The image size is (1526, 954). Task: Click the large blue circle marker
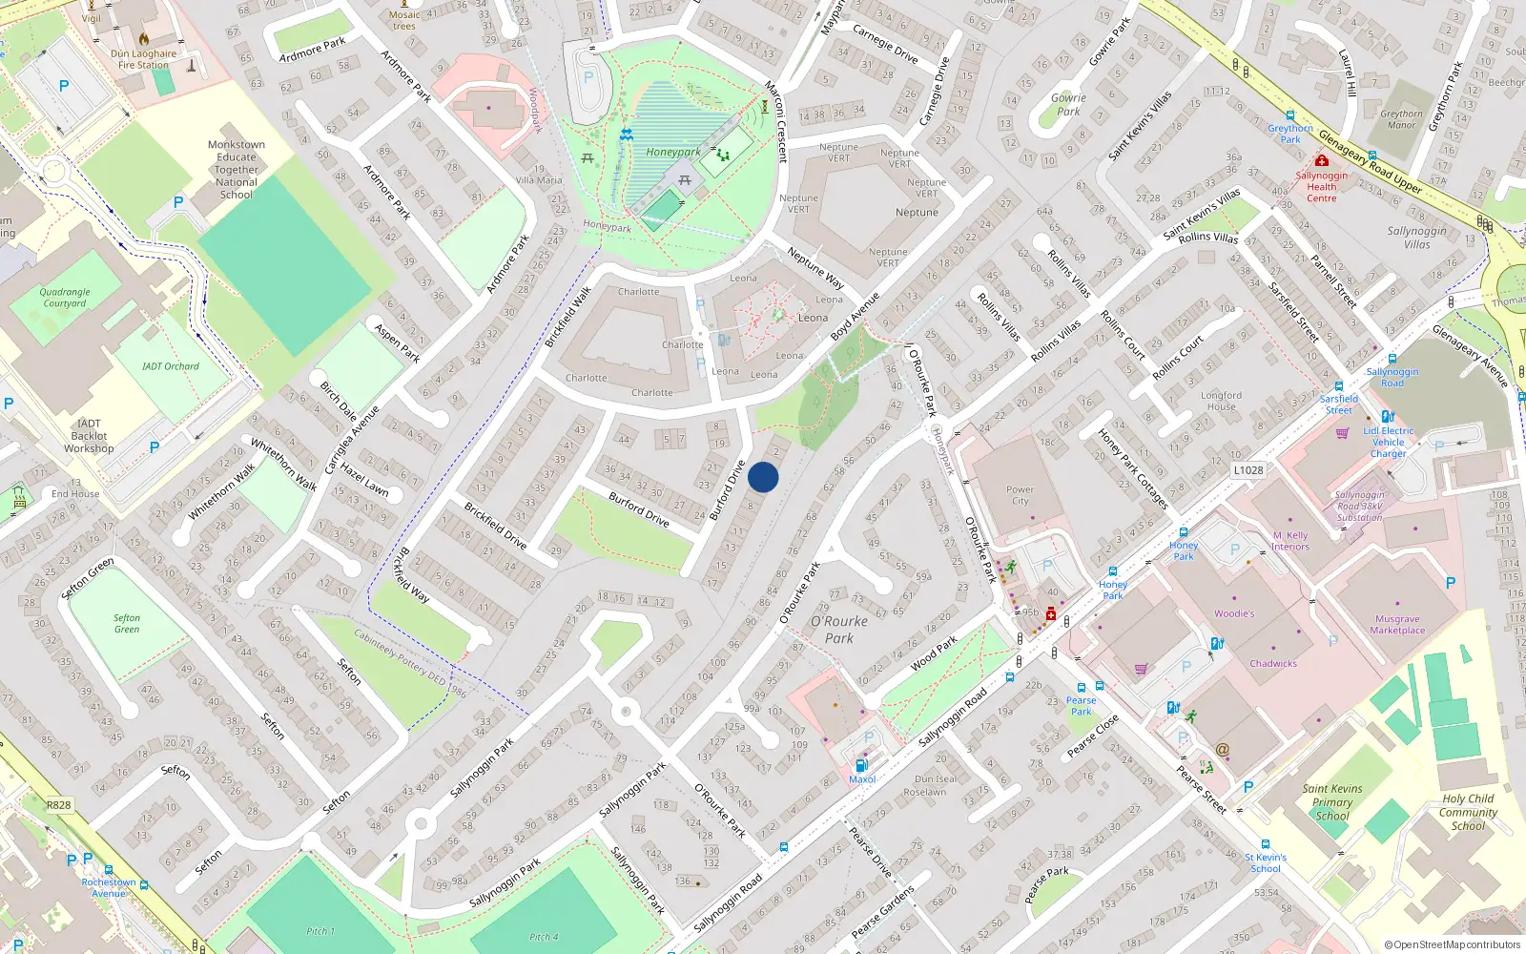tap(763, 477)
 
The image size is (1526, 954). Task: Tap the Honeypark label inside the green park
tap(672, 153)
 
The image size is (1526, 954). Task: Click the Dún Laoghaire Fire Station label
tap(143, 59)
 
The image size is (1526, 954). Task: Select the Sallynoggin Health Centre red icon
tap(1322, 161)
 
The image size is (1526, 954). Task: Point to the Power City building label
tap(1020, 495)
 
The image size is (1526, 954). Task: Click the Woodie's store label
tap(1234, 613)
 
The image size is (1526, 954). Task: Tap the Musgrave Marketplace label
tap(1397, 625)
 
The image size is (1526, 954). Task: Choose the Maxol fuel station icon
tap(861, 765)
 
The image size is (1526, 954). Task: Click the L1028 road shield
tap(1248, 470)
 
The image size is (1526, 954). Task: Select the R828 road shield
tap(59, 805)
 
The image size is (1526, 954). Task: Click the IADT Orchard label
tap(171, 366)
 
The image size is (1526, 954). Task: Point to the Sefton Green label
tap(127, 624)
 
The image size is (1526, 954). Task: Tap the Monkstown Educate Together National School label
tap(237, 170)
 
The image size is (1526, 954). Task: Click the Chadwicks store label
tap(1273, 663)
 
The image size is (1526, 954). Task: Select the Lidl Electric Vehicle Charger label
tap(1389, 442)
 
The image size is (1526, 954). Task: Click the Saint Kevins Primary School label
tap(1332, 801)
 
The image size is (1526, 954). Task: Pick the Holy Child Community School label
tap(1468, 812)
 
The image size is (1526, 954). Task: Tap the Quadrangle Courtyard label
tap(65, 298)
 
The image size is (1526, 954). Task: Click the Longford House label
tap(1221, 401)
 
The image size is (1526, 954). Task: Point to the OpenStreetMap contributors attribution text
tap(1452, 945)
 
